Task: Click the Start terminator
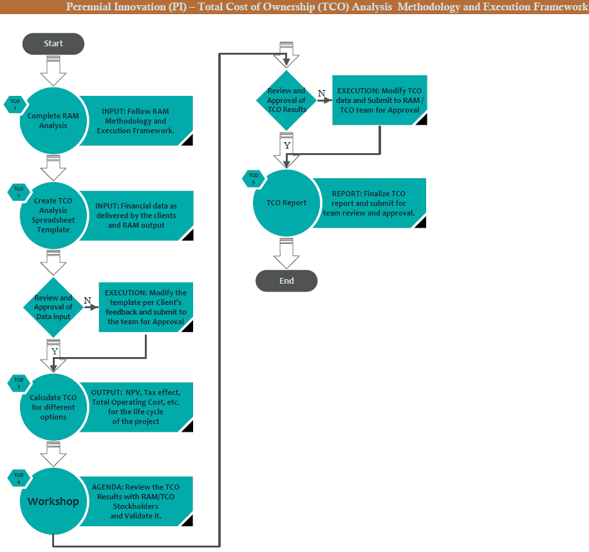click(53, 44)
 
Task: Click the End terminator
click(286, 281)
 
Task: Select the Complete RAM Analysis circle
click(53, 121)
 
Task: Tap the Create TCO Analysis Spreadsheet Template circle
click(53, 215)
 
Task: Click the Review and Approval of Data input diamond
click(53, 307)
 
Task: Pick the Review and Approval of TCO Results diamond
click(286, 100)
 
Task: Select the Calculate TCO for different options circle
click(53, 407)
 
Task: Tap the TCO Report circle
click(286, 203)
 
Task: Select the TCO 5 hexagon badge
click(254, 178)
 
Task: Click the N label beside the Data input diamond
click(87, 300)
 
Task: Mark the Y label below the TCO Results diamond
click(287, 145)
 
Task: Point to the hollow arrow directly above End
click(286, 252)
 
